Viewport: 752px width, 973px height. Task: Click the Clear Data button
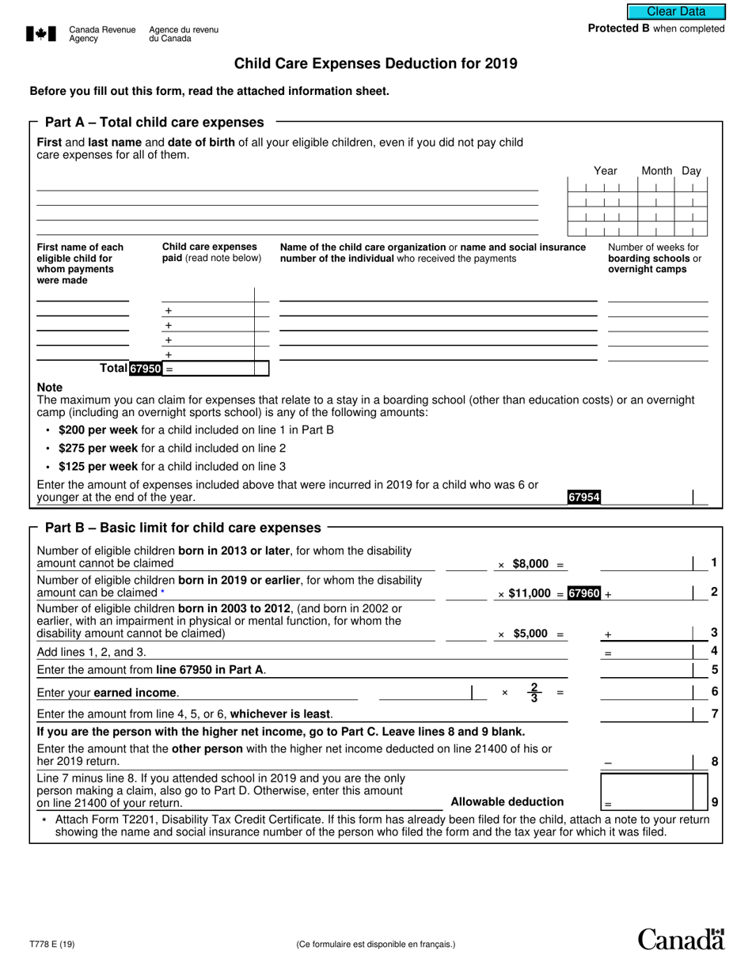(676, 11)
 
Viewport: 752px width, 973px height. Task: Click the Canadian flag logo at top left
(41, 33)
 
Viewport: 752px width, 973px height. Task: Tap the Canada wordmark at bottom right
(681, 939)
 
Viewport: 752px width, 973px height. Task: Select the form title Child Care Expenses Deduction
(376, 63)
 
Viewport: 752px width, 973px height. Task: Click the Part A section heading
(154, 123)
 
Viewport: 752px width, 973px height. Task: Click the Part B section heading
(183, 528)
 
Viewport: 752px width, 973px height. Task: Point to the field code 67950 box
(146, 369)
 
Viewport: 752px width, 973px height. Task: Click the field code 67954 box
(583, 497)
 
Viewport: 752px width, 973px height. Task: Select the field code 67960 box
(584, 593)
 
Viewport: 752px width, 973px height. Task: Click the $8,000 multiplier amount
(530, 564)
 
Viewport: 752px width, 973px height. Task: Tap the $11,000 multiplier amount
(530, 593)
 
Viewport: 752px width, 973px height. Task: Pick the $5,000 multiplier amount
(530, 634)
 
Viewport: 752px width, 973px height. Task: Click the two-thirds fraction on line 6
(534, 692)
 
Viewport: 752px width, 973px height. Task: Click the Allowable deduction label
(507, 801)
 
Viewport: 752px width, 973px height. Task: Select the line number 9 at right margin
(714, 801)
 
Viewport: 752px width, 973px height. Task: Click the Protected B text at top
(655, 28)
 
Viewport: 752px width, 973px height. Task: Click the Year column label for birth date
(606, 171)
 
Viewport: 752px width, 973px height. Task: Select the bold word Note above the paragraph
(50, 388)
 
